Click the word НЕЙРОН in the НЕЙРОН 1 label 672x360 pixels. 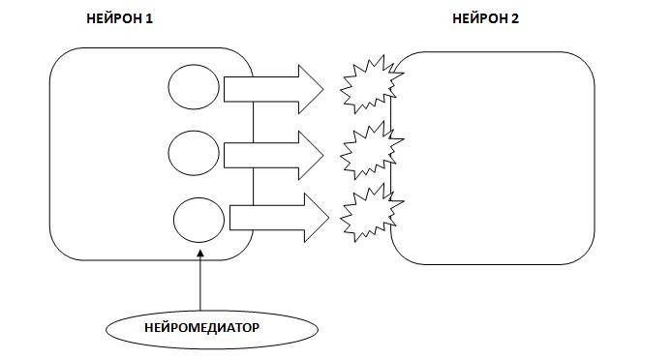click(x=114, y=18)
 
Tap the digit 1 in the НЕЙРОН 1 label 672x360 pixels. click(x=149, y=18)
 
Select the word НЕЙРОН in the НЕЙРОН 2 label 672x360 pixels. click(x=480, y=18)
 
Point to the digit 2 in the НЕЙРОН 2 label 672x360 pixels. click(x=515, y=18)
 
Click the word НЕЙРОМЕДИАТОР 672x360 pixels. click(x=201, y=328)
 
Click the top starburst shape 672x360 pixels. click(x=372, y=84)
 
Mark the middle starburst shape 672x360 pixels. click(x=372, y=150)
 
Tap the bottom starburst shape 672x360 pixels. click(x=372, y=213)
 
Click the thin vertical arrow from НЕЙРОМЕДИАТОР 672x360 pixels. click(x=200, y=281)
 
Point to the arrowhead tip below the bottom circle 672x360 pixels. click(x=200, y=251)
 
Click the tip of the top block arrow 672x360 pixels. click(x=323, y=90)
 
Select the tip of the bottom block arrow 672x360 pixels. click(x=329, y=218)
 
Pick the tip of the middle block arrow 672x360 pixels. click(x=323, y=155)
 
